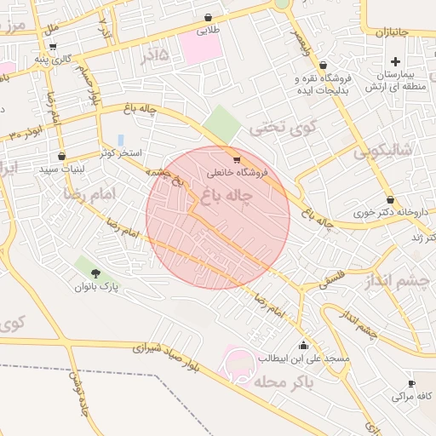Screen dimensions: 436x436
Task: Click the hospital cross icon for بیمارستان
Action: coord(395,61)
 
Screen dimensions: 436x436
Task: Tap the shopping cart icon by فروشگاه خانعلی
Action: coord(236,159)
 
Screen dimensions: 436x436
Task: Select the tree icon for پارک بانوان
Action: coord(94,273)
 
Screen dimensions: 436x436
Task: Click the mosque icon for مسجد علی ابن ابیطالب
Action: coord(304,345)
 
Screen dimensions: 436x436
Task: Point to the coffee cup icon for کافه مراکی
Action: coord(412,384)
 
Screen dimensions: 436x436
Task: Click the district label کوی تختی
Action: coord(276,129)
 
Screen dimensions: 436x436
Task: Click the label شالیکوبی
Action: coord(383,152)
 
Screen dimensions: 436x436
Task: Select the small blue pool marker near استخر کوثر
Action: coord(120,139)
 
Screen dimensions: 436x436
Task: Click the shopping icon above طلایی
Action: coord(208,17)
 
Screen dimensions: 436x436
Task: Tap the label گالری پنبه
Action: coord(50,60)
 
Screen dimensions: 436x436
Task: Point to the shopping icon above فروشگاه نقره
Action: coord(322,66)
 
